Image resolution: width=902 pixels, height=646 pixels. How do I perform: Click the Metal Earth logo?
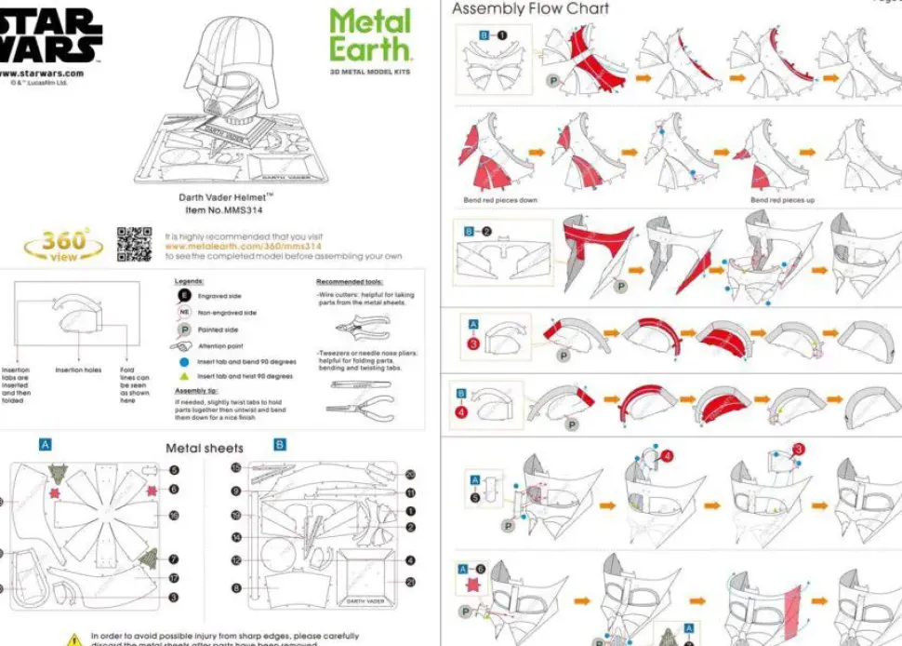pyautogui.click(x=369, y=35)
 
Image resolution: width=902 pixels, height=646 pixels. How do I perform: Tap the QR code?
pyautogui.click(x=134, y=243)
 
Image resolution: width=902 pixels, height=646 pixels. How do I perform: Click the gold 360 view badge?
pyautogui.click(x=64, y=245)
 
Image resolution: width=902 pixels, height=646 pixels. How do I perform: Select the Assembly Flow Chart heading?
pyautogui.click(x=530, y=9)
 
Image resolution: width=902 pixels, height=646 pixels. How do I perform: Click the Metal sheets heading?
pyautogui.click(x=205, y=448)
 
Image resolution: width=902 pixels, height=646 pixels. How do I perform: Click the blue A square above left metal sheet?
pyautogui.click(x=46, y=444)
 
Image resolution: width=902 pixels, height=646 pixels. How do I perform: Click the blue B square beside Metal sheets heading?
pyautogui.click(x=279, y=445)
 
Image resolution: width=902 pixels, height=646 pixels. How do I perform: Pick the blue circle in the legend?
pyautogui.click(x=185, y=361)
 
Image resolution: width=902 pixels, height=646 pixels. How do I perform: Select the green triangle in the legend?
pyautogui.click(x=185, y=376)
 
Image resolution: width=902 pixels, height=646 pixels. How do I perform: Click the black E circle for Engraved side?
pyautogui.click(x=185, y=296)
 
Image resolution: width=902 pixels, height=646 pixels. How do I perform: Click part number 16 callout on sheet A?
pyautogui.click(x=173, y=515)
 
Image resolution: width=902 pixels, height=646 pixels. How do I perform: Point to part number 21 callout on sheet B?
pyautogui.click(x=410, y=582)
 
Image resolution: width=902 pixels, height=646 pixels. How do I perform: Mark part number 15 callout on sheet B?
pyautogui.click(x=236, y=467)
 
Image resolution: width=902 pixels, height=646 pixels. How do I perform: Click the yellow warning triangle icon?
pyautogui.click(x=74, y=639)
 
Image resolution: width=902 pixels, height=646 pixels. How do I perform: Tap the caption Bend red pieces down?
pyautogui.click(x=500, y=200)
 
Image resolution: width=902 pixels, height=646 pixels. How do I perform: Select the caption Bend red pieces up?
pyautogui.click(x=782, y=200)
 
